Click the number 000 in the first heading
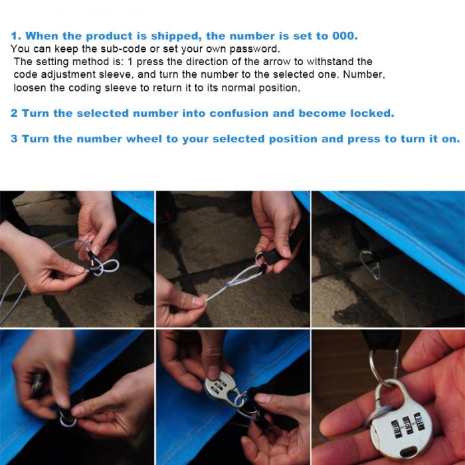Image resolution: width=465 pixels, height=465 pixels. [343, 36]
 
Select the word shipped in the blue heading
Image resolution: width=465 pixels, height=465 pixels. [174, 37]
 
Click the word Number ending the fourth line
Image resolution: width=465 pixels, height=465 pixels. [364, 74]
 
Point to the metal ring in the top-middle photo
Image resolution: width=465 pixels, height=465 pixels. [259, 259]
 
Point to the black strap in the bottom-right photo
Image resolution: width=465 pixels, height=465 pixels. [381, 340]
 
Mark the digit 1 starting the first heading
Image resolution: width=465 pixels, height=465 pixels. [14, 36]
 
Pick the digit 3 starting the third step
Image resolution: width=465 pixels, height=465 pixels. [14, 139]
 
